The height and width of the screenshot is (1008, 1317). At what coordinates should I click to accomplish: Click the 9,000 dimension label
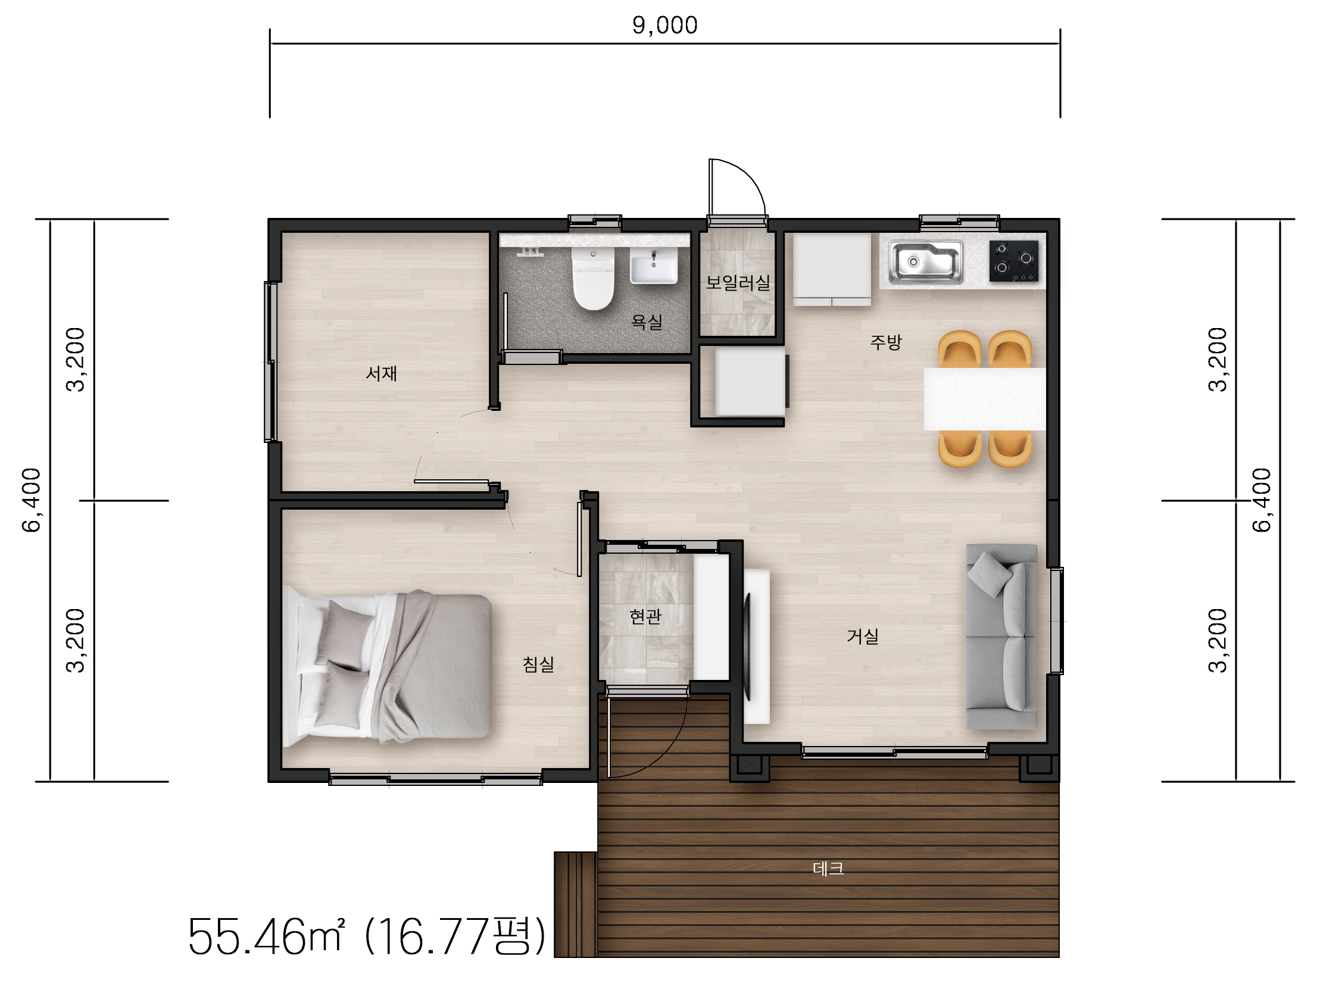coord(665,25)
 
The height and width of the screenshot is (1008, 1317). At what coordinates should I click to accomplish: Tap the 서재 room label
coord(381,374)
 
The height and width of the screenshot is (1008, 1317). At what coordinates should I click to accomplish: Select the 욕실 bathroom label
coord(647,322)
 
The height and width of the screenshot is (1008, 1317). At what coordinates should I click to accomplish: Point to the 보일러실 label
coord(738,283)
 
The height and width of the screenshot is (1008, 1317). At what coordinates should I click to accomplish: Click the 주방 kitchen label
coord(885,342)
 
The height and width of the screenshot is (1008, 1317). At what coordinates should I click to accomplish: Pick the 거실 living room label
coord(862,636)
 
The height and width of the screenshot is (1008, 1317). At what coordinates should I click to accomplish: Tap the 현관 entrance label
coord(645,616)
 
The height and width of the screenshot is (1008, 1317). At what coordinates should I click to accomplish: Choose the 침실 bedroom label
coord(538,664)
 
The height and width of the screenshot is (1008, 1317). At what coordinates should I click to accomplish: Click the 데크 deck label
coord(828,868)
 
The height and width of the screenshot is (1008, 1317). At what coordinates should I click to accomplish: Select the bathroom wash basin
coord(653,265)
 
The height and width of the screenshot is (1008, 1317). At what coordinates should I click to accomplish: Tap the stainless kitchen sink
coord(926,261)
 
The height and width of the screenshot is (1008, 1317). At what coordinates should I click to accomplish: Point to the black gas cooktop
coord(1013,261)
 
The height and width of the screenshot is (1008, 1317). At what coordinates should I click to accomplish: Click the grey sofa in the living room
coord(1001,636)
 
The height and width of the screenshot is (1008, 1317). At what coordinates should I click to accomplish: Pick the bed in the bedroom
coord(388,668)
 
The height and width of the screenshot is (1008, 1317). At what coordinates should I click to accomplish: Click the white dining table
coord(985,399)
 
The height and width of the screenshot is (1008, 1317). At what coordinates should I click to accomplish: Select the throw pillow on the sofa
coord(990,573)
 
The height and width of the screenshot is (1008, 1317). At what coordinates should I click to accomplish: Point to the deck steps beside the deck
coord(575,904)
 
